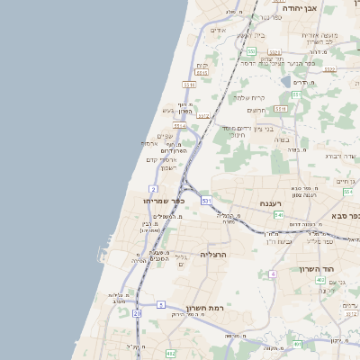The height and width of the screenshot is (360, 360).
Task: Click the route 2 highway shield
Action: pyautogui.click(x=154, y=189)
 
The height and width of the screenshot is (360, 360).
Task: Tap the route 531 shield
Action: pyautogui.click(x=207, y=200)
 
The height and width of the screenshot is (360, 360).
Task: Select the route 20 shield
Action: pyautogui.click(x=137, y=313)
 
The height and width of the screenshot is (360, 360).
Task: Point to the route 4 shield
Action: pyautogui.click(x=272, y=273)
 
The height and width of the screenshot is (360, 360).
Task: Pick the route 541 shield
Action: pyautogui.click(x=279, y=215)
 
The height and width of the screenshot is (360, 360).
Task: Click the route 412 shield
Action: pyautogui.click(x=172, y=354)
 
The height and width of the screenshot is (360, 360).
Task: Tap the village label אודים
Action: pyautogui.click(x=217, y=30)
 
